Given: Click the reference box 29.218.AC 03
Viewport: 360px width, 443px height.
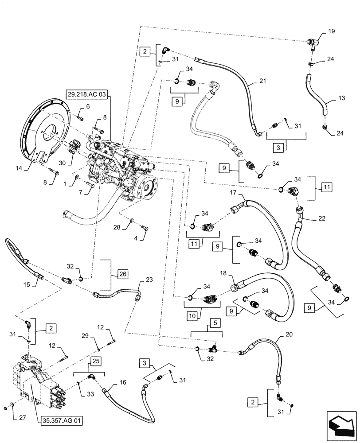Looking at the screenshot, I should [87, 94].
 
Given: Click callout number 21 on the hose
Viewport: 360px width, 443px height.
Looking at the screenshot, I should [263, 81].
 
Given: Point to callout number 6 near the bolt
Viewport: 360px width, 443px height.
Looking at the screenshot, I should [87, 106].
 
